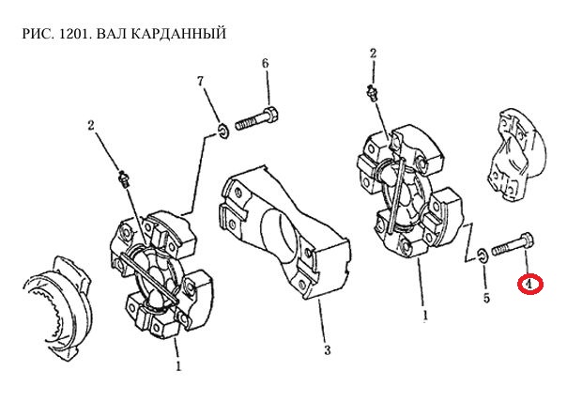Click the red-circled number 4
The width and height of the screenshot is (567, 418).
click(529, 283)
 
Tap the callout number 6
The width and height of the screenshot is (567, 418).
click(265, 64)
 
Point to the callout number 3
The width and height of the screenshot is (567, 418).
click(326, 351)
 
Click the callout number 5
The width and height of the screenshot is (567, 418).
click(486, 299)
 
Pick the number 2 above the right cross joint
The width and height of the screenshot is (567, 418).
click(373, 54)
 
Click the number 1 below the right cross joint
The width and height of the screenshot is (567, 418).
click(426, 316)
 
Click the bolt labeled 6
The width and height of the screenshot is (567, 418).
click(255, 120)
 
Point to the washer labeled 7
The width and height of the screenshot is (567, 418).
click(223, 129)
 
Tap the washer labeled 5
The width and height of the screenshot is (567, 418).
click(481, 253)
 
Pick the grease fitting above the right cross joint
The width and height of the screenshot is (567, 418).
click(373, 92)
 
